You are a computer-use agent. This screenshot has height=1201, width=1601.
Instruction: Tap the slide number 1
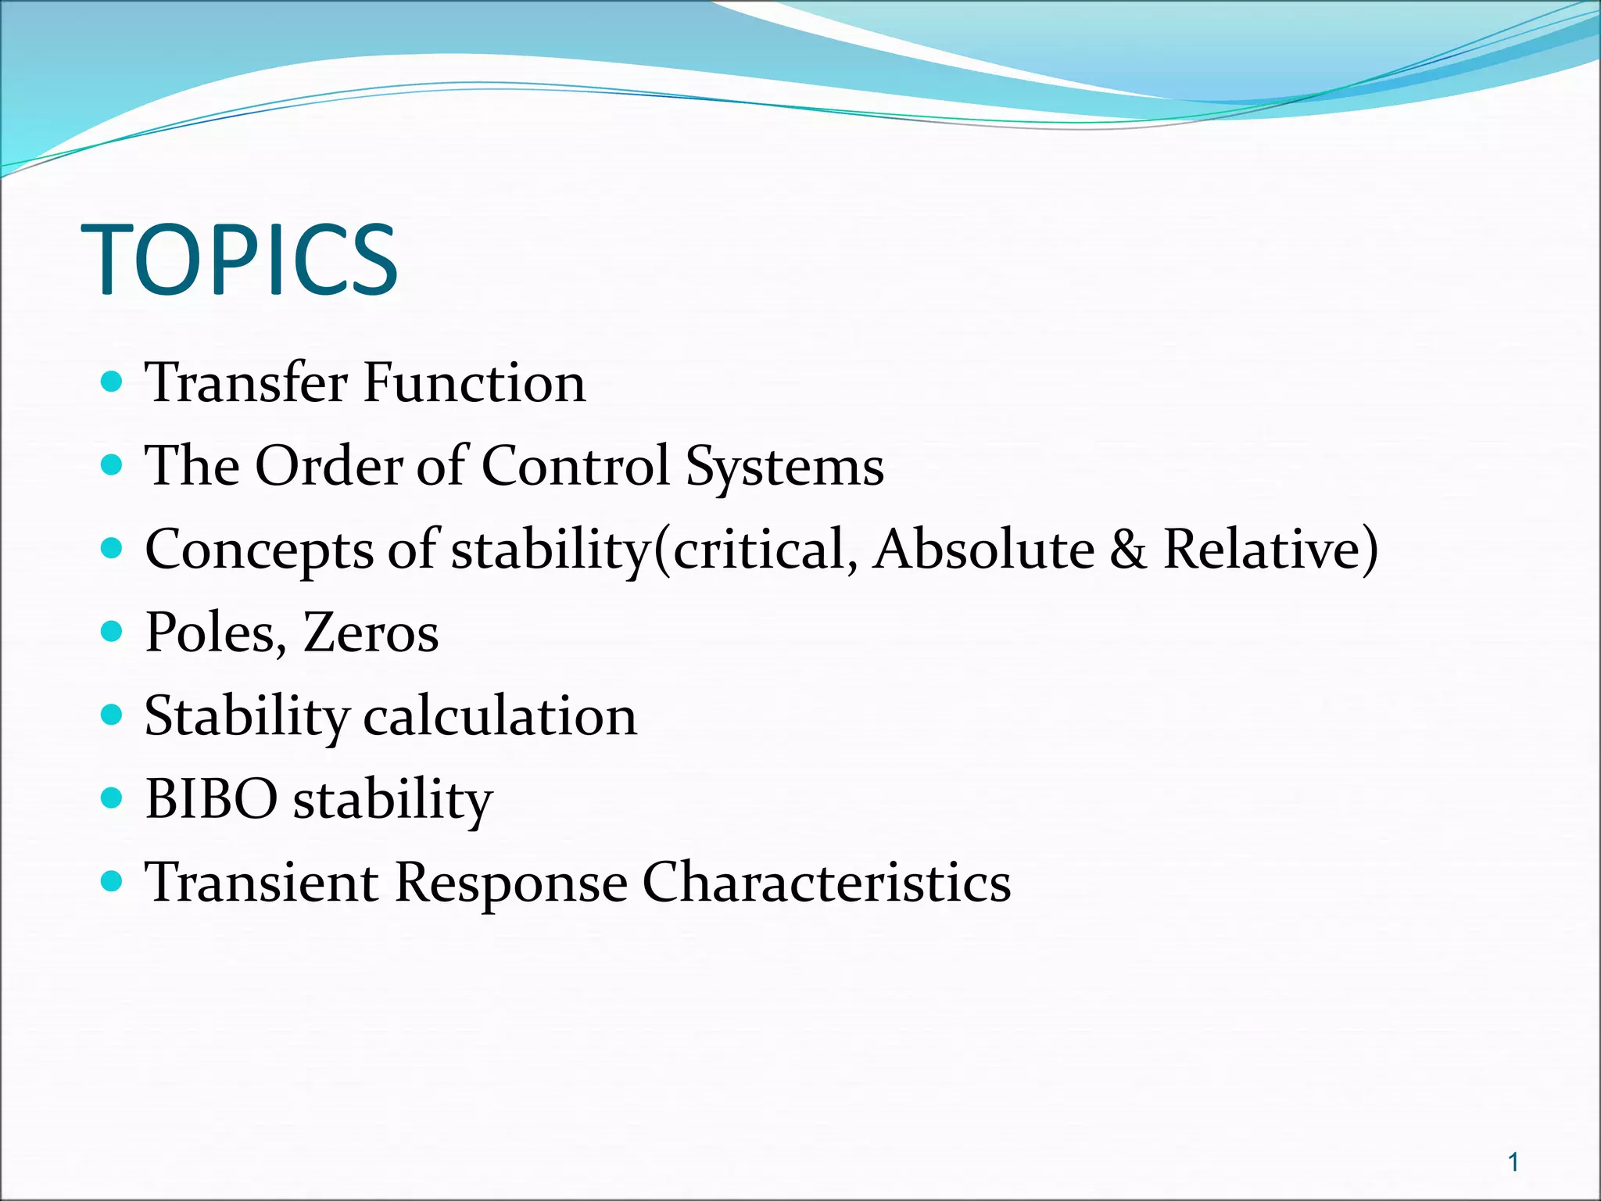click(x=1513, y=1163)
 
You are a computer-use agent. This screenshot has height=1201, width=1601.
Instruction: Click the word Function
click(x=475, y=383)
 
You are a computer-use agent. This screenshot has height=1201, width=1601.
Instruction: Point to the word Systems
click(x=784, y=468)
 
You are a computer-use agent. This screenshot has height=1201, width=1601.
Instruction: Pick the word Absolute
click(x=984, y=549)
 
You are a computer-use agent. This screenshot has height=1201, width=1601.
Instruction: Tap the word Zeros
click(x=371, y=633)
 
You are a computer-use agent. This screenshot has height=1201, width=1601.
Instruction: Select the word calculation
click(x=500, y=716)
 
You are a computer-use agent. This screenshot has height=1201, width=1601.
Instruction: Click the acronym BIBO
click(x=212, y=799)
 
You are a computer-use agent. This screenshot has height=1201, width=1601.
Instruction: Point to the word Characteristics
click(x=826, y=883)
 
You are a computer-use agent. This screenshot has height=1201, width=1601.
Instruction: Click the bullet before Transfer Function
click(x=113, y=382)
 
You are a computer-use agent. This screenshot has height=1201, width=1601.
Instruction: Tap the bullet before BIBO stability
click(x=113, y=798)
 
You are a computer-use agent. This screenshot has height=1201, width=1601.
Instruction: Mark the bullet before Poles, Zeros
click(x=113, y=632)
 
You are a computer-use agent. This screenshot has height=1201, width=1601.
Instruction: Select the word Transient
click(x=262, y=883)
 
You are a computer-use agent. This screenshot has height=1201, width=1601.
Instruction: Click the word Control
click(x=575, y=466)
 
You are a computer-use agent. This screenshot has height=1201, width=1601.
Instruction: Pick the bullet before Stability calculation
click(x=113, y=715)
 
